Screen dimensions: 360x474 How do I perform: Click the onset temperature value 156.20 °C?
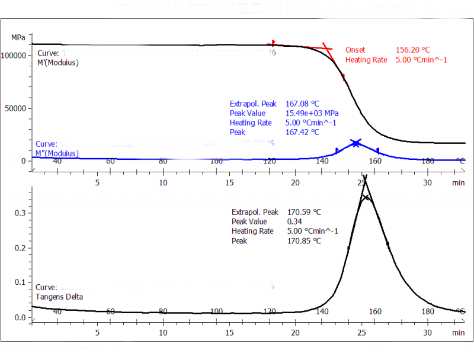tap(412, 50)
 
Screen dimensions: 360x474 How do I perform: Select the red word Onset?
tap(355, 50)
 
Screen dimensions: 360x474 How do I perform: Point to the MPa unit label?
tap(18, 37)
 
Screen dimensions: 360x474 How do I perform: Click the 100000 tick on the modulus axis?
tap(16, 55)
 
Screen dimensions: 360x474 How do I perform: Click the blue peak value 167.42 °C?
tap(302, 132)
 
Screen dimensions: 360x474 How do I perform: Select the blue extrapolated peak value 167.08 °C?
tap(302, 104)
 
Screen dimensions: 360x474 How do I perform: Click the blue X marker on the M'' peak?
tap(355, 143)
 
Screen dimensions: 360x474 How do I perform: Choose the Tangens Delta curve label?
tap(59, 297)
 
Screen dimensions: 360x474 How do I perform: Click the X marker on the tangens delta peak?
tap(366, 198)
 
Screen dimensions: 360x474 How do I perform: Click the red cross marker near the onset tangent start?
tap(273, 43)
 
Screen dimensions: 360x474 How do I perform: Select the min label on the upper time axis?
tap(458, 183)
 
